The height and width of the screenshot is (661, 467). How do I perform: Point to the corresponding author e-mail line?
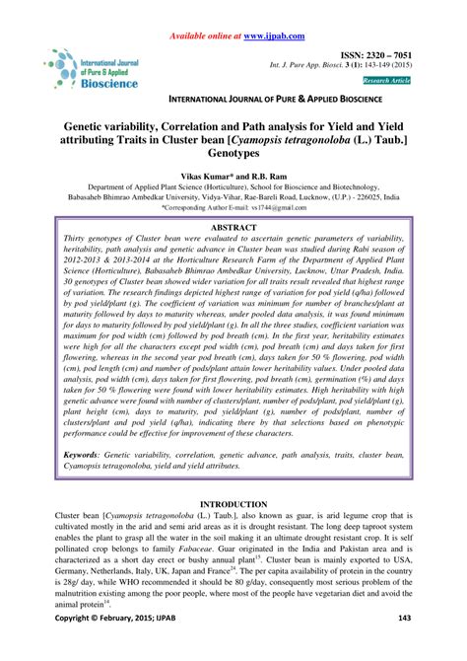pos(233,207)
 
